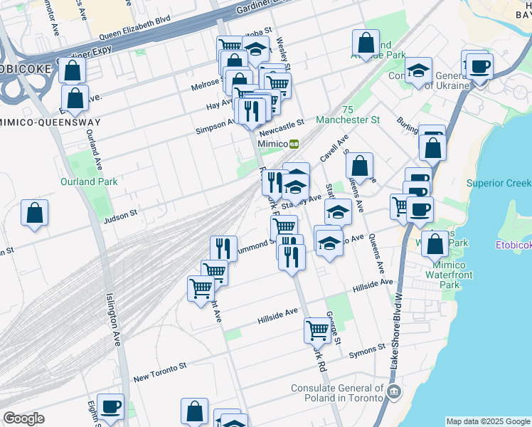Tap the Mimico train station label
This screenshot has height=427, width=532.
click(272, 143)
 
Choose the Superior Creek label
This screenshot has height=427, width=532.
click(498, 183)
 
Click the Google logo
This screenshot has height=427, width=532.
click(23, 418)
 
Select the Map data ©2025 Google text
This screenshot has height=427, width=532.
click(488, 421)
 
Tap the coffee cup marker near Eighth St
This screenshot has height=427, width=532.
click(110, 407)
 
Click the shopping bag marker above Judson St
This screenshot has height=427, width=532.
click(34, 213)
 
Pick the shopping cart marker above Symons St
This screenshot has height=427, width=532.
click(316, 330)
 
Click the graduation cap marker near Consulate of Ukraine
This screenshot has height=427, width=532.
click(419, 70)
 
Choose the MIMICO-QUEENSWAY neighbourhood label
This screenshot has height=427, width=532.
click(50, 122)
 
